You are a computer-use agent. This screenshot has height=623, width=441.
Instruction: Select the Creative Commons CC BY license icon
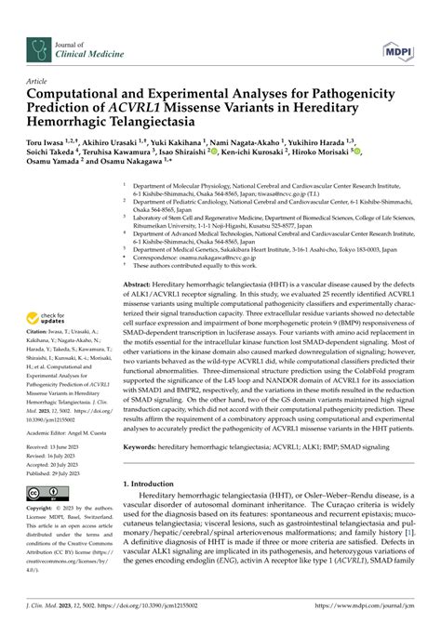(x=42, y=494)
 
